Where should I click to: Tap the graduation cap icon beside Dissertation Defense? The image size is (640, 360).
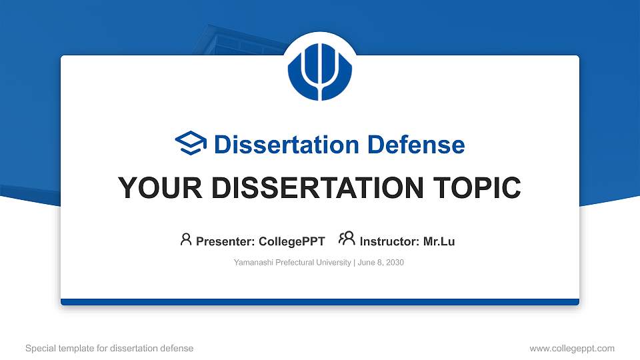coord(191,144)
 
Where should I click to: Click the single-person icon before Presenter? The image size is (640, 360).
coord(186,239)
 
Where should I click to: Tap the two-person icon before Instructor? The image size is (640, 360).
coord(347,239)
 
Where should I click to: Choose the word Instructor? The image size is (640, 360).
coord(389,241)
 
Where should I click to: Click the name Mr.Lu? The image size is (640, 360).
coord(439,241)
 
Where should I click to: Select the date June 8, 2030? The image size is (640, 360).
coord(381,263)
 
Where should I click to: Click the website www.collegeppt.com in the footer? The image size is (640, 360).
coord(571,348)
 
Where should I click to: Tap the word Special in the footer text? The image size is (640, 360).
coord(39,348)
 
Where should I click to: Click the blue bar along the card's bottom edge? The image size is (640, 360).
coord(320,302)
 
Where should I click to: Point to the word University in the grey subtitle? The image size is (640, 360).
coord(332,263)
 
